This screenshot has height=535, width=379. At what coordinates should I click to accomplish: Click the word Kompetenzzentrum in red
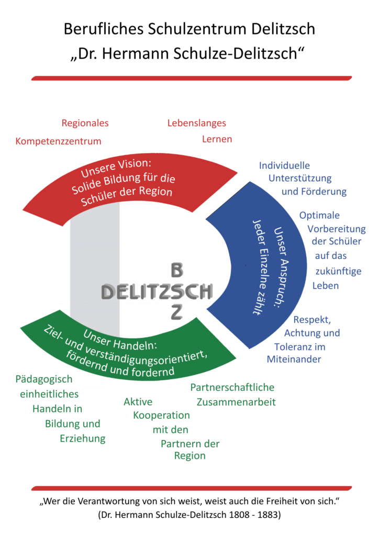pyautogui.click(x=59, y=141)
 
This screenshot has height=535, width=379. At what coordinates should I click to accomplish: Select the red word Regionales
pyautogui.click(x=85, y=123)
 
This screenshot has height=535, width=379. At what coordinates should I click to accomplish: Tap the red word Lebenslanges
pyautogui.click(x=197, y=123)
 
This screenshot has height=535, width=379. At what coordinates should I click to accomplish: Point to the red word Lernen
pyautogui.click(x=217, y=139)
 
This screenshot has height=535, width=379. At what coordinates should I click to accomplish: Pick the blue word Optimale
pyautogui.click(x=319, y=215)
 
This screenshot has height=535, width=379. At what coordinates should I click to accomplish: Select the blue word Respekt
pyautogui.click(x=311, y=319)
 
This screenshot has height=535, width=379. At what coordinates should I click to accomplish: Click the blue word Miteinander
pyautogui.click(x=294, y=359)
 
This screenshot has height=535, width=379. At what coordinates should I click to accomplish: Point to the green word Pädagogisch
pyautogui.click(x=44, y=379)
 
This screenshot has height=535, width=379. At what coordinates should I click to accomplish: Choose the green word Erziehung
pyautogui.click(x=83, y=438)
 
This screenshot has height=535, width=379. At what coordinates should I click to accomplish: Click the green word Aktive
pyautogui.click(x=138, y=402)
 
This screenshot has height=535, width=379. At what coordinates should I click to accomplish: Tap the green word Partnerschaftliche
pyautogui.click(x=232, y=388)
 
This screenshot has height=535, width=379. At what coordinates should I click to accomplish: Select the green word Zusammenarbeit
pyautogui.click(x=236, y=402)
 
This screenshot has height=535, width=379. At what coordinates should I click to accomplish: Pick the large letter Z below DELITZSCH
pyautogui.click(x=176, y=312)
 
